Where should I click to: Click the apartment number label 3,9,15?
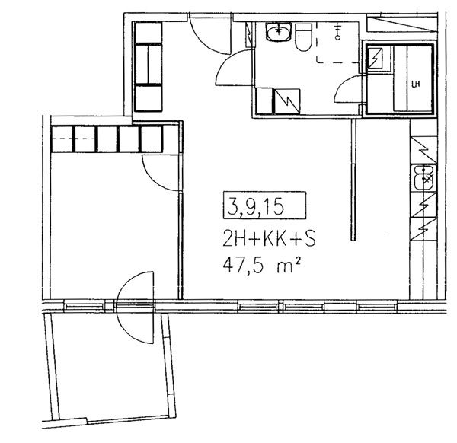tap(256, 207)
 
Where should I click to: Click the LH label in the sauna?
tap(415, 84)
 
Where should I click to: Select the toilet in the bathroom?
tap(303, 37)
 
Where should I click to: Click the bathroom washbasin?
tap(278, 32)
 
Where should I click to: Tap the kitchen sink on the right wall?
tap(423, 178)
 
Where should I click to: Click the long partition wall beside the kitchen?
tap(353, 179)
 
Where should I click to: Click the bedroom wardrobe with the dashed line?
tap(73, 139)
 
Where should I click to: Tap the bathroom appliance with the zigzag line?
tap(287, 101)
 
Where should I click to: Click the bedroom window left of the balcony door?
tap(85, 307)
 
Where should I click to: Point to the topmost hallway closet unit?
tap(149, 33)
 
